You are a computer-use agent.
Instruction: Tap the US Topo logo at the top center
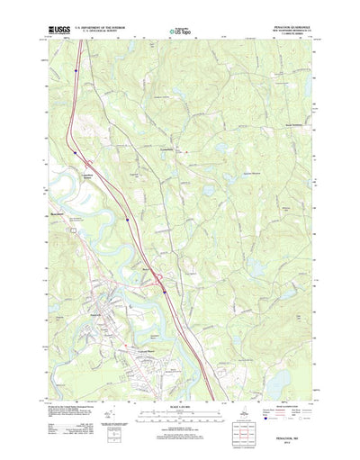pyautogui.click(x=178, y=32)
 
